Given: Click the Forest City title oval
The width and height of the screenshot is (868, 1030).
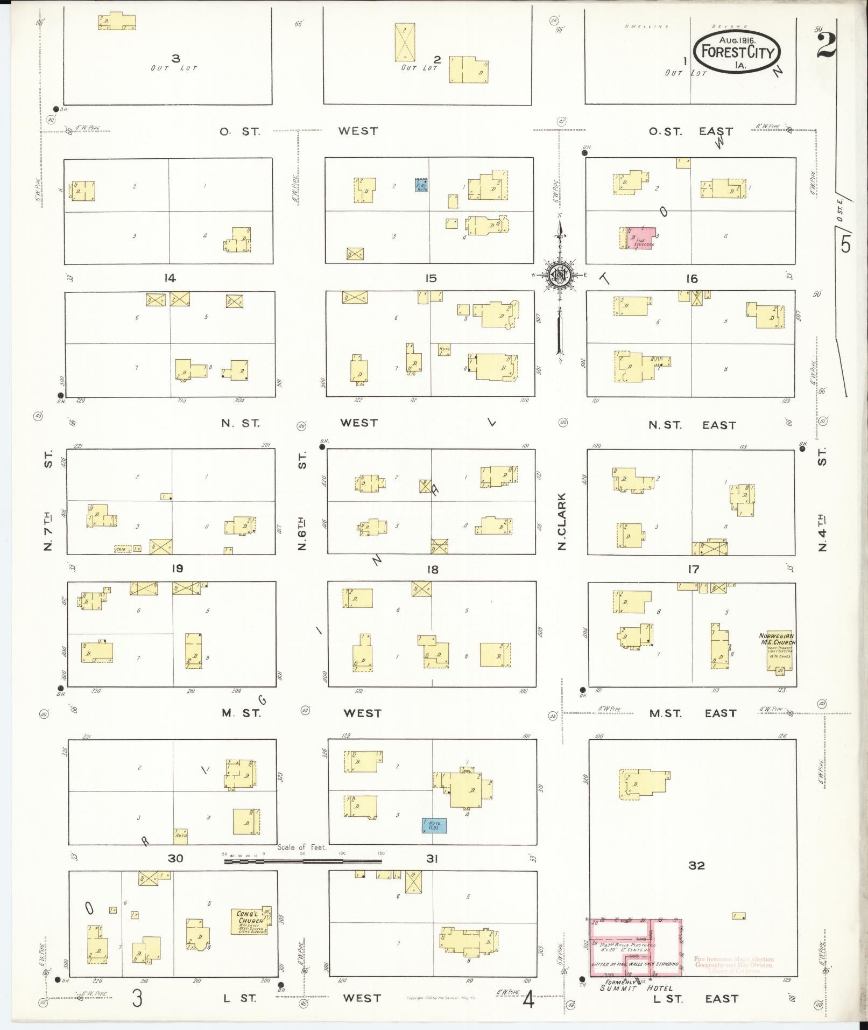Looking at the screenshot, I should (737, 52).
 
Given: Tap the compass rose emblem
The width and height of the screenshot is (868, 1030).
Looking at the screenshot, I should (560, 275).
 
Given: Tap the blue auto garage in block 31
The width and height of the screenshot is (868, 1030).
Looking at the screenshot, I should (433, 826).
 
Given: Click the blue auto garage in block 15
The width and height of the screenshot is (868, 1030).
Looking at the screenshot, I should (421, 186).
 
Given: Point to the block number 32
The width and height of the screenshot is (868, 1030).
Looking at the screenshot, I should (696, 865).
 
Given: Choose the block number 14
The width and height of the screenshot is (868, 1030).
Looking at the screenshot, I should (170, 278).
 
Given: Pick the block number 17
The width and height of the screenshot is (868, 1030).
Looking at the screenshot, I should (694, 569).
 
